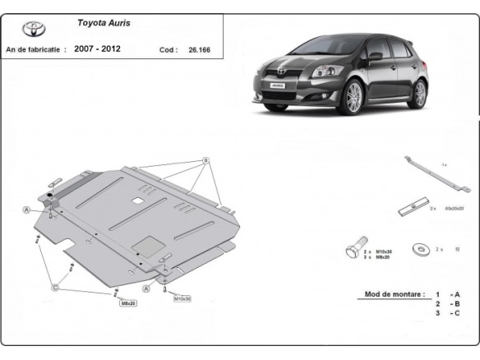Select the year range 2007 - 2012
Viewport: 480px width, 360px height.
[97, 49]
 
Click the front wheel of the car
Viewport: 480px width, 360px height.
[353, 99]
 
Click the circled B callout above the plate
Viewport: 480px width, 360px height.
[206, 159]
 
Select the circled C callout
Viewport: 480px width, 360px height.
[56, 287]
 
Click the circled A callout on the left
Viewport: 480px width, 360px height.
[27, 210]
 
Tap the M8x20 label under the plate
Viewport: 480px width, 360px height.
[127, 302]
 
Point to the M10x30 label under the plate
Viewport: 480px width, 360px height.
[182, 298]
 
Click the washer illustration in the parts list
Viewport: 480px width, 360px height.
[419, 247]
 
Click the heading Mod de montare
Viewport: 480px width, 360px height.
[395, 293]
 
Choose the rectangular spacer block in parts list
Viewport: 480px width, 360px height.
[413, 208]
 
